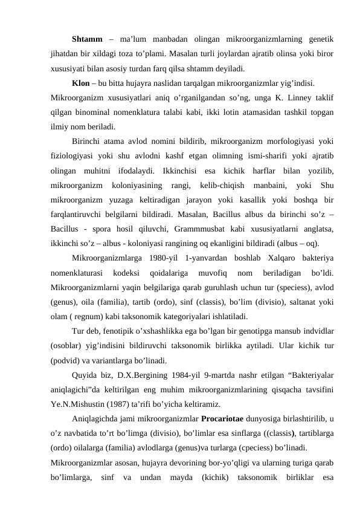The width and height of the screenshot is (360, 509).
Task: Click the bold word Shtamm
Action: pos(88,41)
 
